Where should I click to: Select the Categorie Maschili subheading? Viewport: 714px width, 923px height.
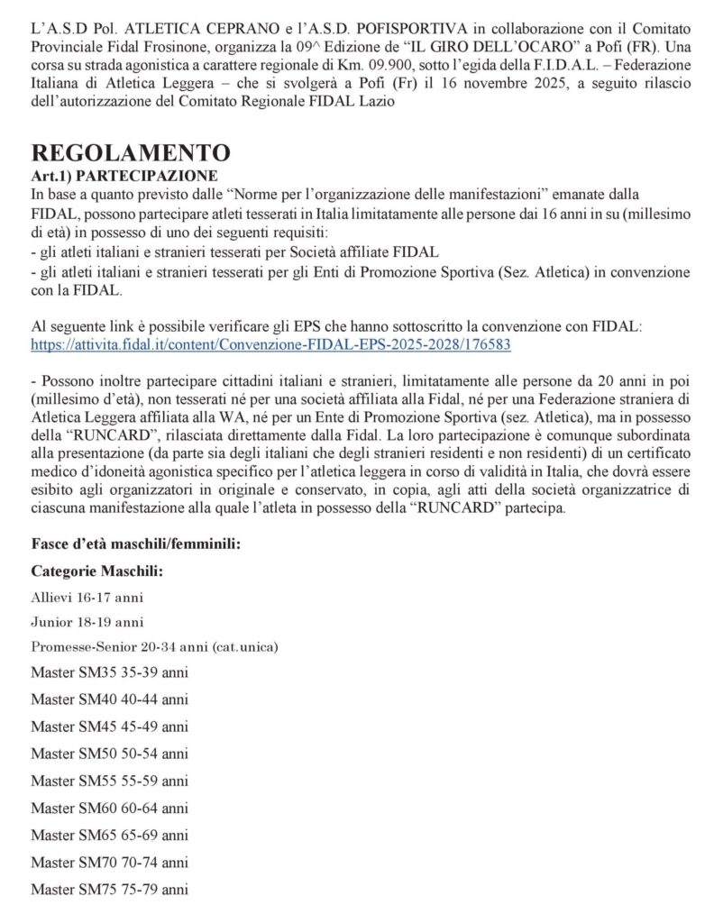click(x=97, y=571)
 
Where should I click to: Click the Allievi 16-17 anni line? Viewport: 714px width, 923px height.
click(x=87, y=597)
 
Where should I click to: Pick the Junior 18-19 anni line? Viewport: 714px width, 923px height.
click(x=87, y=622)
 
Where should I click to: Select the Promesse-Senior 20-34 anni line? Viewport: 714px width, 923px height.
click(x=154, y=647)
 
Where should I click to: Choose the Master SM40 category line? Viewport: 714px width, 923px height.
click(x=109, y=699)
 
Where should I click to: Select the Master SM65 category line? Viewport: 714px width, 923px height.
click(x=109, y=835)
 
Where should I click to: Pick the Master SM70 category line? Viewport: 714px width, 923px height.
click(x=109, y=862)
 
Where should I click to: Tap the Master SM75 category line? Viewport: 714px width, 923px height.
click(x=109, y=889)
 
